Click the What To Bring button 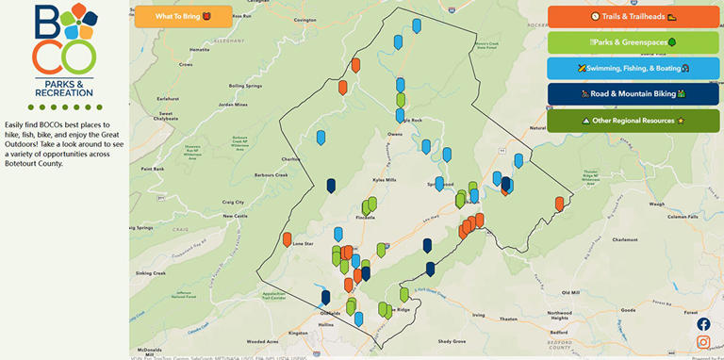point(183,16)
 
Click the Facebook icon point(703,324)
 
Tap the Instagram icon point(703,342)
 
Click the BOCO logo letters point(64,40)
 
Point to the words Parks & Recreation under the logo point(64,90)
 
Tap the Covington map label point(304,19)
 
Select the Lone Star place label point(303,244)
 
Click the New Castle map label point(235,216)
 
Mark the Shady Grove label point(452,341)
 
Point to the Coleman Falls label point(679,217)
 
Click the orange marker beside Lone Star point(288,239)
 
